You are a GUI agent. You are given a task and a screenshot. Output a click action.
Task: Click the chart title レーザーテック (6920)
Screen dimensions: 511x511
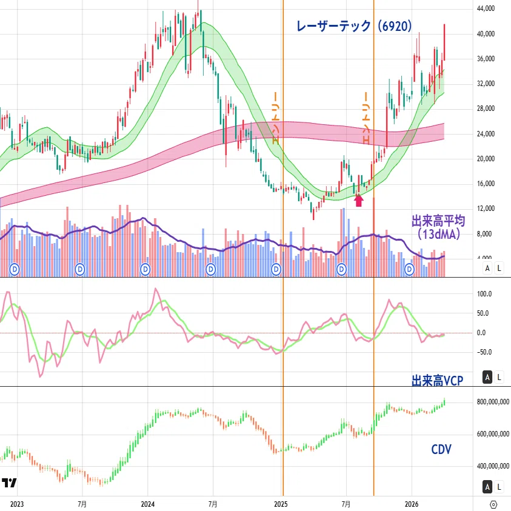click(354, 26)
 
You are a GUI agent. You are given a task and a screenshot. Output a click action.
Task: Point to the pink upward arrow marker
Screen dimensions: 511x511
click(358, 200)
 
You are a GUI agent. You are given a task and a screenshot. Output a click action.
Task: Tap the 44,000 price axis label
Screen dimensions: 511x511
click(486, 8)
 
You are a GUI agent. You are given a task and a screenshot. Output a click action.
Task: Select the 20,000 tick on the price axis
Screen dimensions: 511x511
click(486, 159)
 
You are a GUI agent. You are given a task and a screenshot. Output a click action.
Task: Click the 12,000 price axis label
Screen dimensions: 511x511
click(486, 209)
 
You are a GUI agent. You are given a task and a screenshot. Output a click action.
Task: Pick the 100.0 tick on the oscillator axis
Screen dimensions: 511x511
click(484, 294)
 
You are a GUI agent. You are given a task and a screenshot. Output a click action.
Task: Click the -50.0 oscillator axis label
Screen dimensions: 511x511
click(484, 352)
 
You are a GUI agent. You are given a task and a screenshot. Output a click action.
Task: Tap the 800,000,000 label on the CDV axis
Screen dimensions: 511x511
click(493, 402)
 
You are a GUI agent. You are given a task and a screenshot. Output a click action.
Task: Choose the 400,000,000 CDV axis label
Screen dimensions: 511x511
click(493, 466)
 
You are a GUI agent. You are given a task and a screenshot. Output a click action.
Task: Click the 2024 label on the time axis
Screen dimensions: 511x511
click(148, 504)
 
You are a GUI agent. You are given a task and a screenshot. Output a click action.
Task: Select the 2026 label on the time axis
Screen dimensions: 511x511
click(412, 504)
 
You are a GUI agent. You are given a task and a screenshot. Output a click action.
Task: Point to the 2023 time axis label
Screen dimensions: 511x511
click(17, 504)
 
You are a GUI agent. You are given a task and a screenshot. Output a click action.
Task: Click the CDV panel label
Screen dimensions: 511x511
click(441, 449)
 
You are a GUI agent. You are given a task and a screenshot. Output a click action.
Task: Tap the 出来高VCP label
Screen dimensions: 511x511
click(437, 381)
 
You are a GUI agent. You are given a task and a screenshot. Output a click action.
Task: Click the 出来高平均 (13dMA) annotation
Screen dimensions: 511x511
click(438, 227)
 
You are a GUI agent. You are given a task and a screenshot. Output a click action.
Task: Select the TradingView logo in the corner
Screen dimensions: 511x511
click(9, 483)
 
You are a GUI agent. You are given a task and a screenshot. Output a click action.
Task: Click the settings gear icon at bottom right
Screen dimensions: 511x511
click(493, 504)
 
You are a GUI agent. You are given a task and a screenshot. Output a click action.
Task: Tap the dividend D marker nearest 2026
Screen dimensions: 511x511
click(409, 270)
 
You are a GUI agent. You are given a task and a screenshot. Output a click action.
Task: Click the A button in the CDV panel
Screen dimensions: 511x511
click(487, 487)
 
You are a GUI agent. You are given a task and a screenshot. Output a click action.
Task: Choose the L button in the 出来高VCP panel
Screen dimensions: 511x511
click(499, 378)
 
